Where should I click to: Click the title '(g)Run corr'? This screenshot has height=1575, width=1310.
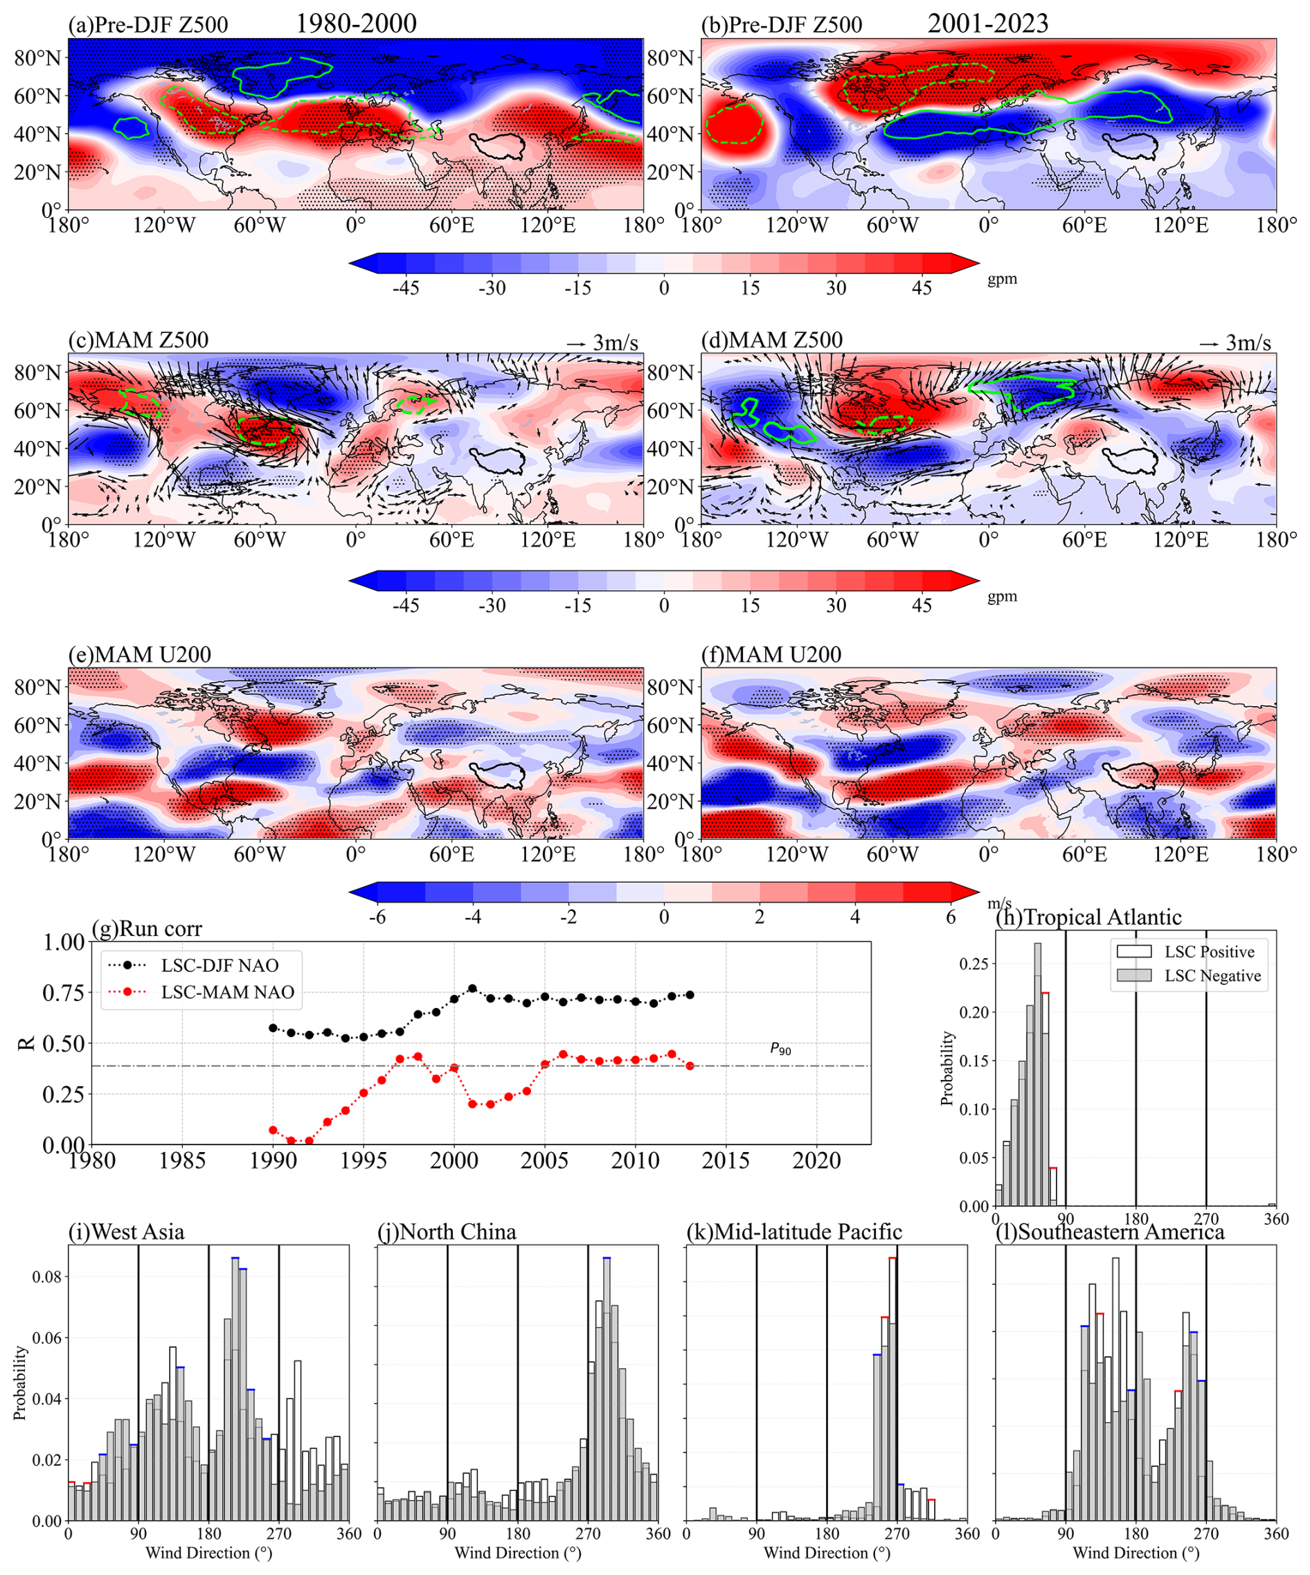146,929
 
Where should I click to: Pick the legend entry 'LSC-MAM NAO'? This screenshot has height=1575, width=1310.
227,992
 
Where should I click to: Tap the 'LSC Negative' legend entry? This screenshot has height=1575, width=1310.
1212,975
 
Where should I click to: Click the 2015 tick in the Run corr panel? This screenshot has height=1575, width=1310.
726,1160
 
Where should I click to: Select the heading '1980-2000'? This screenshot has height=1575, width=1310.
357,24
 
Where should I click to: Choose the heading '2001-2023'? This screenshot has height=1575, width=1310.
988,24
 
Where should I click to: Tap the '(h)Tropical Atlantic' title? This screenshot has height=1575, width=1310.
1088,917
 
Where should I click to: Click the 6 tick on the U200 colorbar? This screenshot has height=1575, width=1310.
951,917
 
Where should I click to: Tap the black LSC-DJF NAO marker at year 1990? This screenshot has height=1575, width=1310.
273,1027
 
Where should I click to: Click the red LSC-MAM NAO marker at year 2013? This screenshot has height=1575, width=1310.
690,1065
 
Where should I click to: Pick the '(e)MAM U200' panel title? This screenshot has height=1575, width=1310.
140,655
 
